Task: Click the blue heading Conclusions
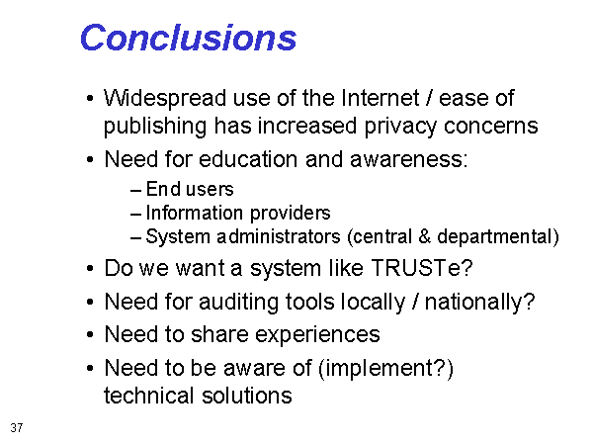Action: click(x=189, y=38)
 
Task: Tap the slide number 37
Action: click(x=17, y=427)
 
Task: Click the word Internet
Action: click(x=381, y=98)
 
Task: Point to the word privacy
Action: click(x=400, y=127)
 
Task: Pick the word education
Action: click(x=248, y=159)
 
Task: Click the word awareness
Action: click(x=408, y=160)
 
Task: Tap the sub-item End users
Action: click(x=190, y=189)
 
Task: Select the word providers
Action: click(x=290, y=214)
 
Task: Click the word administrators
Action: click(x=279, y=237)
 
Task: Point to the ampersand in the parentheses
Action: click(x=424, y=236)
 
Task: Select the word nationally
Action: click(x=475, y=303)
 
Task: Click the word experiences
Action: click(x=317, y=335)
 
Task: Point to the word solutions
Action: click(x=246, y=396)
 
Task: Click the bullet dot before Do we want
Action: click(x=90, y=268)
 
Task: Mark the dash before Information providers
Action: click(x=135, y=215)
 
